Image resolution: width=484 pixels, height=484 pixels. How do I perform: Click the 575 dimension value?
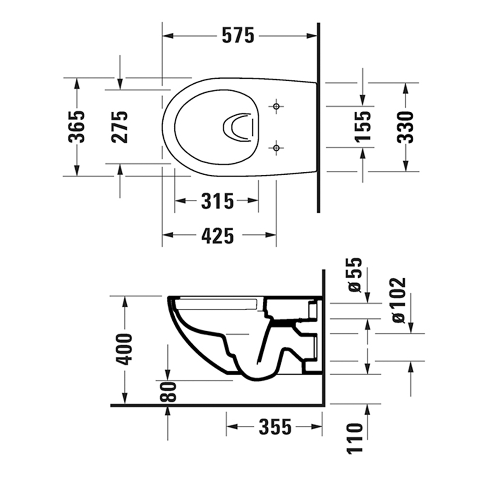238,35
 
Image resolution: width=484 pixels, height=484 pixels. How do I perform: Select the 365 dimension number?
76,126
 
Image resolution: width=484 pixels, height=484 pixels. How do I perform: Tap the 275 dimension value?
120,126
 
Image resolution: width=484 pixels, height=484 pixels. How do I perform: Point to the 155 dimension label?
363,126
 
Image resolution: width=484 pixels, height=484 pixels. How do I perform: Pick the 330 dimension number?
405,127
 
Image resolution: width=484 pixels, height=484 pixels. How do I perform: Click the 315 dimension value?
217,201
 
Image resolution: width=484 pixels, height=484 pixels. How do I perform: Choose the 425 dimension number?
218,236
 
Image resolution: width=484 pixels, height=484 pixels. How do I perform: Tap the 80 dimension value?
168,392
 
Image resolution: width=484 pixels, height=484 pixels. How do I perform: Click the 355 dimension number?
275,427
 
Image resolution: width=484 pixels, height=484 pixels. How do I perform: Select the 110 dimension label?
355,439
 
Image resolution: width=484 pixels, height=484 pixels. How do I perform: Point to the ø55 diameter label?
355,275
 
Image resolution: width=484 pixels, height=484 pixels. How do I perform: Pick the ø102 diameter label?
398,301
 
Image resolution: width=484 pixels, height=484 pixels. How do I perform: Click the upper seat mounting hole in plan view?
276,106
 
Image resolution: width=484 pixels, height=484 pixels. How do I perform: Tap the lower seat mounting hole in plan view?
276,148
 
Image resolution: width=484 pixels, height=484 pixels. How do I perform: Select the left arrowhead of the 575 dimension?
168,36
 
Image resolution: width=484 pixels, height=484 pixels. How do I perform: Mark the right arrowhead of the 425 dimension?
271,235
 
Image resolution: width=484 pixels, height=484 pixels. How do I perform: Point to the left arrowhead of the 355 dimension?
232,427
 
